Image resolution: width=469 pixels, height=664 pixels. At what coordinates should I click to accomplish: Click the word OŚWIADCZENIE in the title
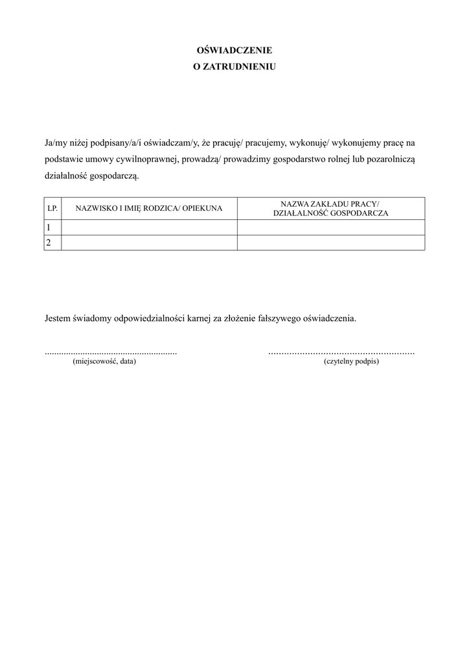coord(234,50)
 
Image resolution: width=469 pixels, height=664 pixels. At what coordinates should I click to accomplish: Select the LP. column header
coord(52,208)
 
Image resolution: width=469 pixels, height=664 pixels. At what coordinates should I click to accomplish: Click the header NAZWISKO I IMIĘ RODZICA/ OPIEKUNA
coord(149,208)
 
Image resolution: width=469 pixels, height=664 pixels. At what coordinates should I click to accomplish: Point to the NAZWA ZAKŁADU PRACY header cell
coord(331,208)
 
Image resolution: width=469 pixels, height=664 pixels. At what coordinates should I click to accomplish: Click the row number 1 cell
coord(52,227)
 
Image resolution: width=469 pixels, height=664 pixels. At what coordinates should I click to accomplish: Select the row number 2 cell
coord(52,243)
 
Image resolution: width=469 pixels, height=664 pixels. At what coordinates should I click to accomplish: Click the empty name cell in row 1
coord(149,227)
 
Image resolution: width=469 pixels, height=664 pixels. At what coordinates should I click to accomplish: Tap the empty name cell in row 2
coord(149,243)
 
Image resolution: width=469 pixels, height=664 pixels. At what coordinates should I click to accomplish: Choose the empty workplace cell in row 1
coord(331,227)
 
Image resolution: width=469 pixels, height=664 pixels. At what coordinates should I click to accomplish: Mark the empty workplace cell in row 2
coord(331,243)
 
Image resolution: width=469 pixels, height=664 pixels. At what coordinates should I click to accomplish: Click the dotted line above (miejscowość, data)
coord(111,353)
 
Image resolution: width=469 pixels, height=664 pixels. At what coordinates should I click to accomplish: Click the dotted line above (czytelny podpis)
coord(341,353)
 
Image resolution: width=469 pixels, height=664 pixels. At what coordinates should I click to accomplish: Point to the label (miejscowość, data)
coord(104,362)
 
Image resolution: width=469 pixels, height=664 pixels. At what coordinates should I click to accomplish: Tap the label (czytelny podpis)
coord(351,362)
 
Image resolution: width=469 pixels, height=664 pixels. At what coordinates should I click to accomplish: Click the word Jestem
coord(58,319)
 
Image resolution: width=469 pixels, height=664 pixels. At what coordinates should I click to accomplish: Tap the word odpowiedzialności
coord(149,319)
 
